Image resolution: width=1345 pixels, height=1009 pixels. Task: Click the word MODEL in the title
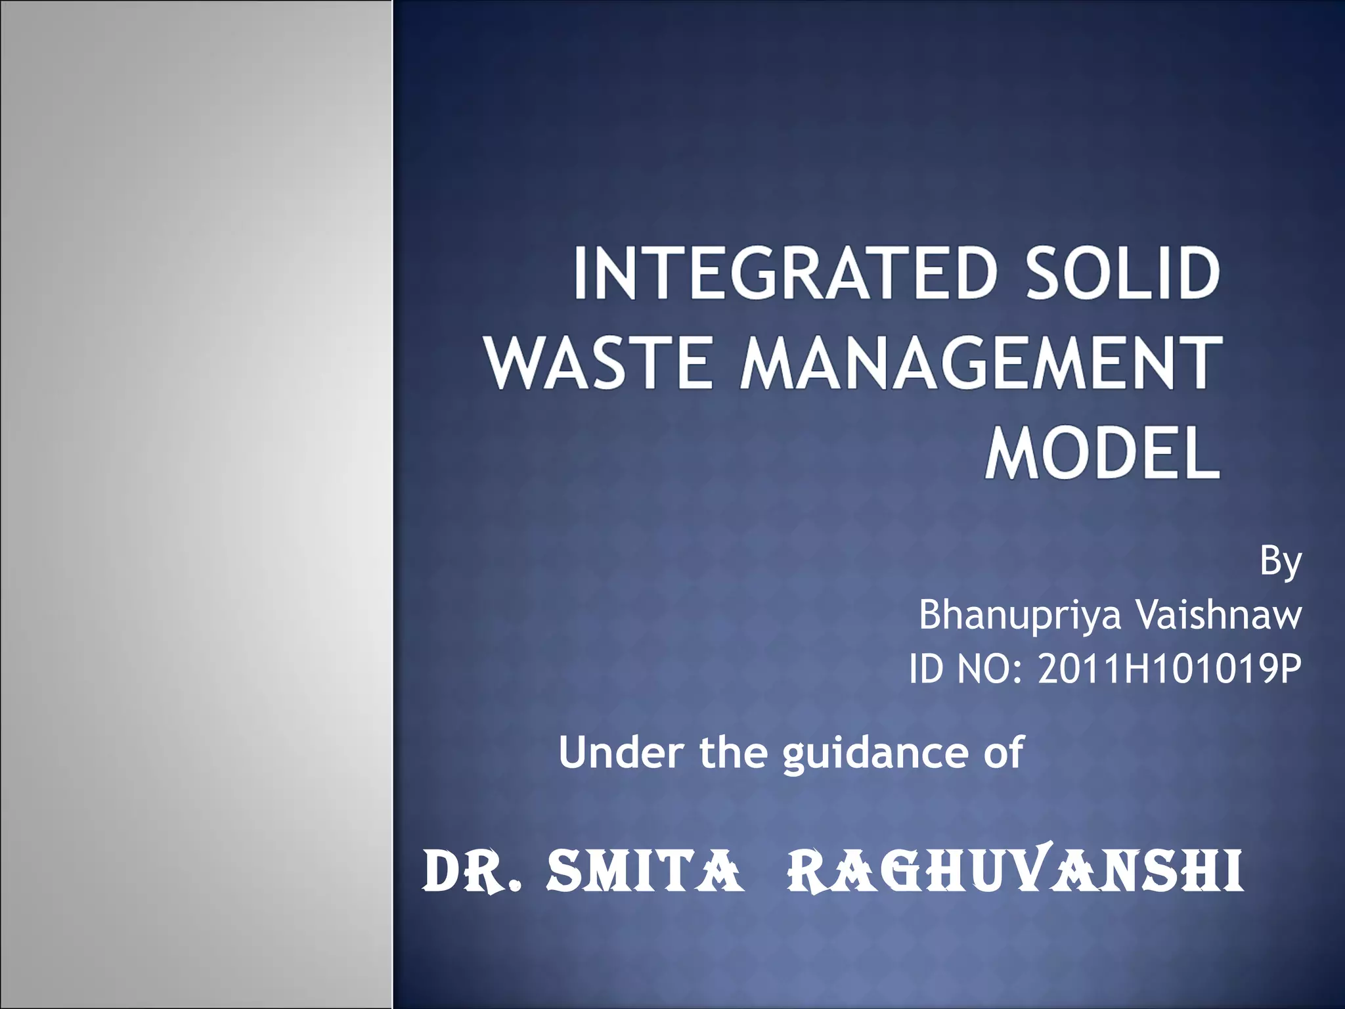click(x=1102, y=453)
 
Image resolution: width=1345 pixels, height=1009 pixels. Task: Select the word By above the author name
click(x=1280, y=562)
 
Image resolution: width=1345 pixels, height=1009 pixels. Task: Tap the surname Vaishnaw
click(x=1219, y=615)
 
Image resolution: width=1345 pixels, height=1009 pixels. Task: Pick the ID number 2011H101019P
click(x=1169, y=669)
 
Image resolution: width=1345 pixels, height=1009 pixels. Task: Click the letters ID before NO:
click(x=927, y=669)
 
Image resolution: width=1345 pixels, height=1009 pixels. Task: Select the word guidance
click(x=874, y=753)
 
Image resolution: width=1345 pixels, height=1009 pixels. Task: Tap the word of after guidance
click(x=1003, y=752)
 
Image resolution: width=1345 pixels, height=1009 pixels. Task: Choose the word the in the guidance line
click(x=733, y=752)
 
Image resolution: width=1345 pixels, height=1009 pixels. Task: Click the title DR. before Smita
click(x=472, y=872)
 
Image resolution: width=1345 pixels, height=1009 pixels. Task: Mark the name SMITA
click(x=645, y=872)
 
